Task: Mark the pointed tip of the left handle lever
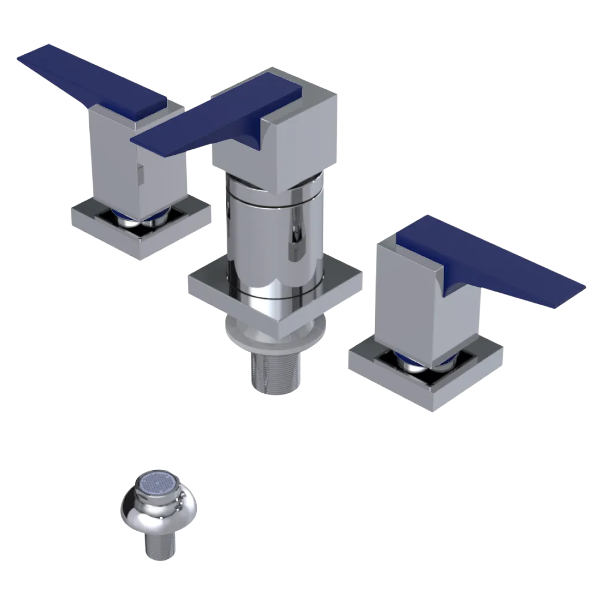click(27, 55)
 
